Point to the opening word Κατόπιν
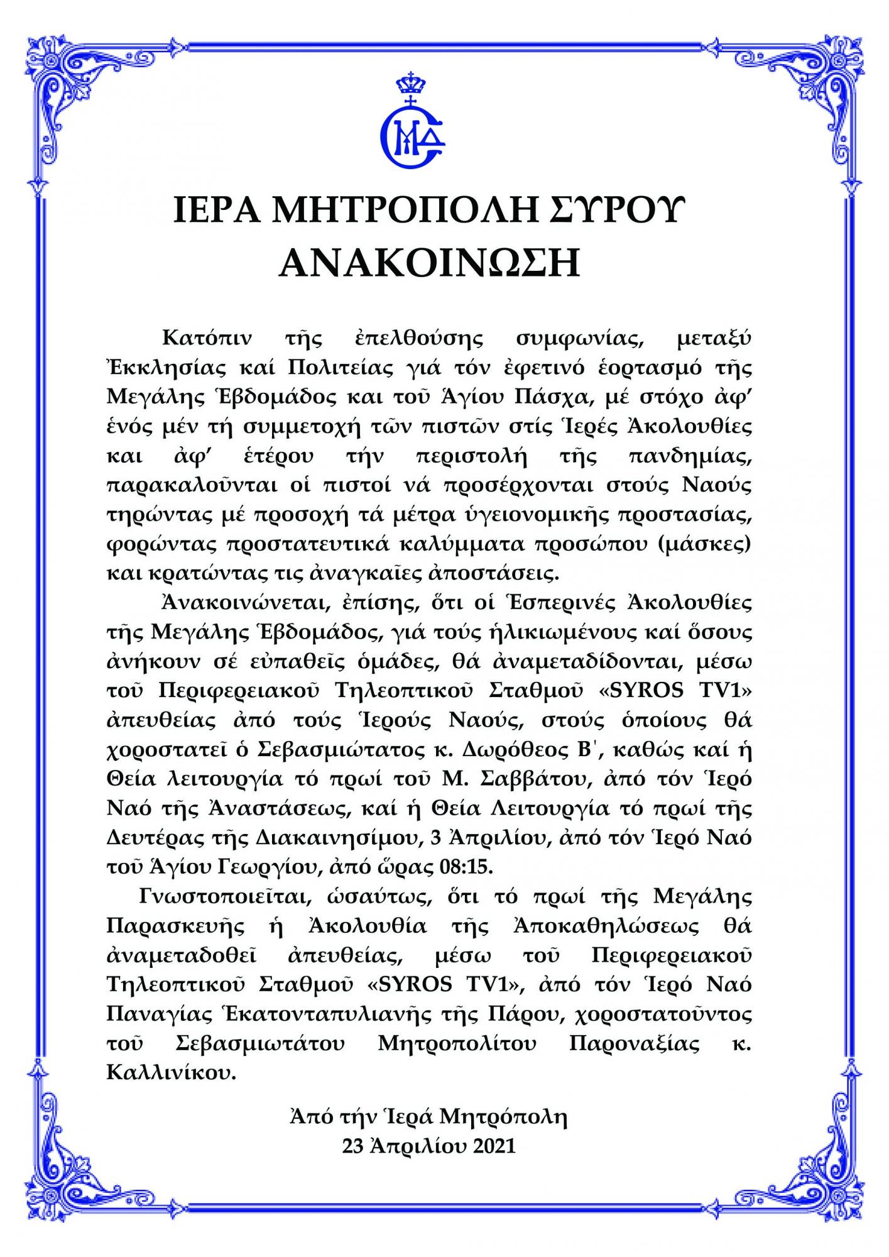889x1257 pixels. pyautogui.click(x=207, y=338)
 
